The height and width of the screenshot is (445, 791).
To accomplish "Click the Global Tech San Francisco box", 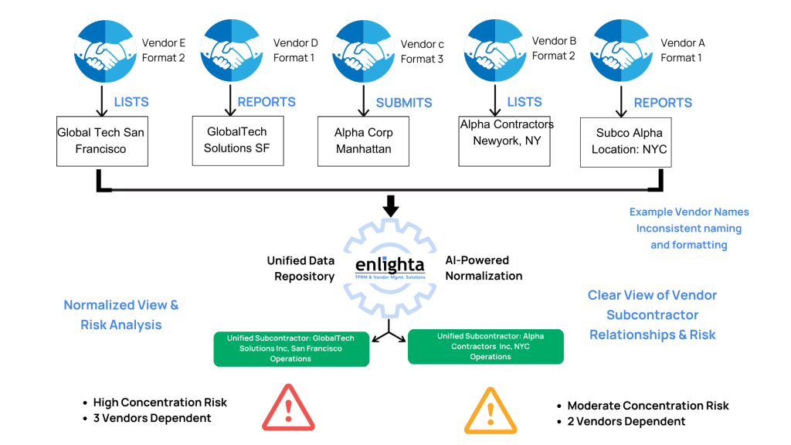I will (x=101, y=140).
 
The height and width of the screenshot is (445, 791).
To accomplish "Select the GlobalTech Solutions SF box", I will (x=238, y=140).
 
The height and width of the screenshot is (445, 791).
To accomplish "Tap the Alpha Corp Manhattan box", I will (x=364, y=141).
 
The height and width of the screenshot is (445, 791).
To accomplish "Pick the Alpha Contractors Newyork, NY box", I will (x=504, y=141).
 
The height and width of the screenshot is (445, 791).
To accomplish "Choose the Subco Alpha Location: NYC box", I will (x=625, y=141).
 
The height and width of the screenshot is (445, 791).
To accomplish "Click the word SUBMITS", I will (x=404, y=103).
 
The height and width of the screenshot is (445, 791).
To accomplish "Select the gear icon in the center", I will (x=389, y=268).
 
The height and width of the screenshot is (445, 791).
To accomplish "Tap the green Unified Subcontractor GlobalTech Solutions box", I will (x=291, y=348).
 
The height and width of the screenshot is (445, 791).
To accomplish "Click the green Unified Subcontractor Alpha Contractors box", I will (x=486, y=346).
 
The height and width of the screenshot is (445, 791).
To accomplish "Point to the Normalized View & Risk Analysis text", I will (x=121, y=314).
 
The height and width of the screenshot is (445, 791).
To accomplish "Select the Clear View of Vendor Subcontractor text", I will (x=653, y=314).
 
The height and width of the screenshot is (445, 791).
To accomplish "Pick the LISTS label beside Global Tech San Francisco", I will (x=131, y=102).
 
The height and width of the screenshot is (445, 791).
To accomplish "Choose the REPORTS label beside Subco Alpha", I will (x=663, y=103).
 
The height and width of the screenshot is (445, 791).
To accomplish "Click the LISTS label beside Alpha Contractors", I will (x=525, y=102).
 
